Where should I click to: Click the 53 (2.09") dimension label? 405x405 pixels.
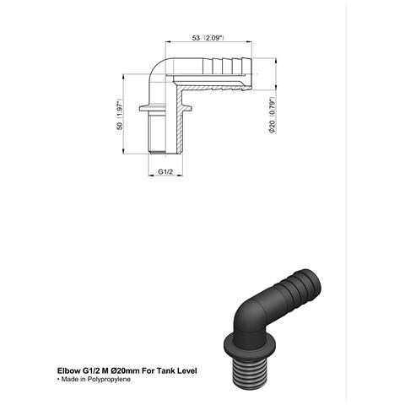pos(208,38)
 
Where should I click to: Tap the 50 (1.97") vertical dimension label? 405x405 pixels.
pos(120,114)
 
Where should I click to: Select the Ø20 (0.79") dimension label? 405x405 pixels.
pos(273,115)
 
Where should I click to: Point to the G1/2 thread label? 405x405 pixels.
pos(165,171)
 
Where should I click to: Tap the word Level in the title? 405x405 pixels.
pos(187,370)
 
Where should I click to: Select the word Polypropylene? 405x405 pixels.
pos(109,380)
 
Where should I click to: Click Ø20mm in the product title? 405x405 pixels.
pos(124,370)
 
